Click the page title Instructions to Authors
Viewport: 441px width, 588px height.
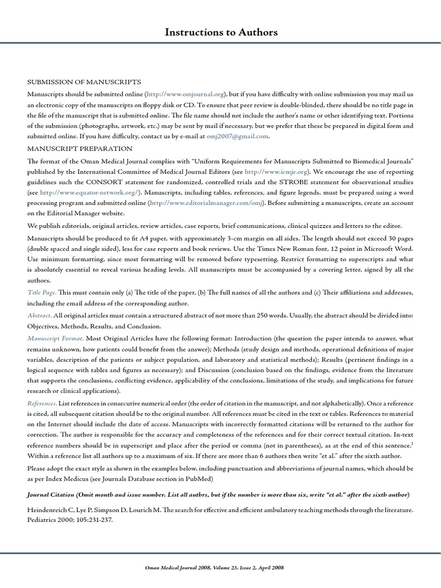pos(220,33)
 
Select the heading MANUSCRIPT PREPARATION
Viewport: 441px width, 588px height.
pos(80,148)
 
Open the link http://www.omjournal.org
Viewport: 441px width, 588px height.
pos(185,94)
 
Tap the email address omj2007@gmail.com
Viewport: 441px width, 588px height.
pos(237,137)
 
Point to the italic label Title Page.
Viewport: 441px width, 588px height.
pos(41,293)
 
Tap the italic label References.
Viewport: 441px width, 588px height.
pos(41,404)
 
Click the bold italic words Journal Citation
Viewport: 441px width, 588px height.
pos(55,494)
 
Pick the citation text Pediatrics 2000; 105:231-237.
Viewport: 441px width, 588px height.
pos(69,520)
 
